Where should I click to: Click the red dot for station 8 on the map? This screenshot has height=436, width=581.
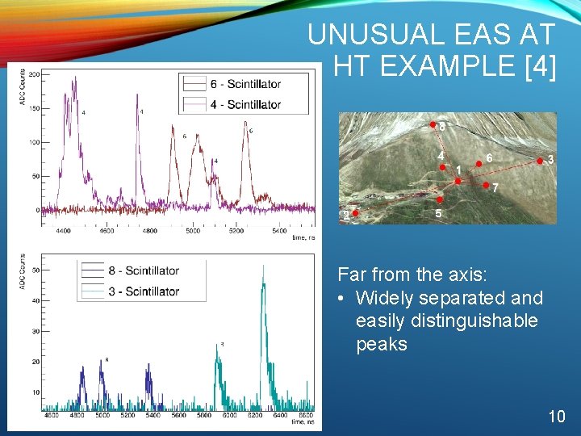tap(433, 125)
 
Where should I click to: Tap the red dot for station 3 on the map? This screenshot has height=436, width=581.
tap(540, 161)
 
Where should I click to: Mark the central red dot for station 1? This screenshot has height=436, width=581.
tap(458, 181)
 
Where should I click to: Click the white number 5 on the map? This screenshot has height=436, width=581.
tap(438, 214)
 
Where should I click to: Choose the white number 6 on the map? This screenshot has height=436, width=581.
tap(489, 157)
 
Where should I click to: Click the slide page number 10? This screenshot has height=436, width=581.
tap(556, 417)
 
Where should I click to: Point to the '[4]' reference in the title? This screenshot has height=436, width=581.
tap(540, 67)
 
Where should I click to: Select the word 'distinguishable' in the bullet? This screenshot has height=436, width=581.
tap(446, 321)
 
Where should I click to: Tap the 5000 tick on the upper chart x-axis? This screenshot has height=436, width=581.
tap(193, 231)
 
